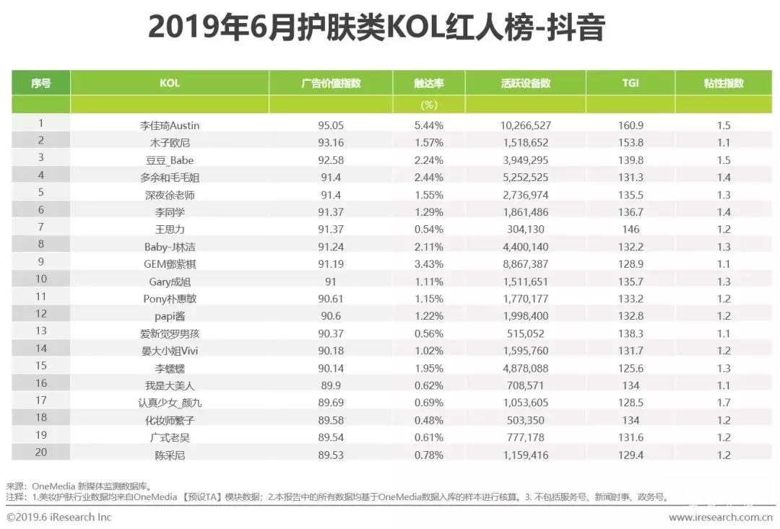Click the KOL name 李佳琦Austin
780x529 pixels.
coord(169,126)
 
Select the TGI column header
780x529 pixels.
coord(630,83)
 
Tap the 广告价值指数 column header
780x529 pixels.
coord(330,83)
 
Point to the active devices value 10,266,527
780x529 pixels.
coord(525,126)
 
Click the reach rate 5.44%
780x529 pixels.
coord(429,126)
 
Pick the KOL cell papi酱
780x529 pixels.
coord(169,316)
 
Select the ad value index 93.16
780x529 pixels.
coord(330,143)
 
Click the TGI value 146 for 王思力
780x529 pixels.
coord(630,229)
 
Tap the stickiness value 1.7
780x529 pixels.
coord(724,403)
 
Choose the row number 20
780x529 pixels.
coord(41,455)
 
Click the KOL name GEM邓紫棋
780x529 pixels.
coord(169,264)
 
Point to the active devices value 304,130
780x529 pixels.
coord(525,229)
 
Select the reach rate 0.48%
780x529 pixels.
coord(429,420)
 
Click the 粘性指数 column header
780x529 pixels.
coord(724,83)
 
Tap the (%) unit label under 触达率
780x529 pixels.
coord(429,105)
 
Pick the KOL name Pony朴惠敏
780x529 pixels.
coord(169,299)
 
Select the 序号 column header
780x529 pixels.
coord(41,83)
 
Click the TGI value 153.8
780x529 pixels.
coord(630,143)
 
